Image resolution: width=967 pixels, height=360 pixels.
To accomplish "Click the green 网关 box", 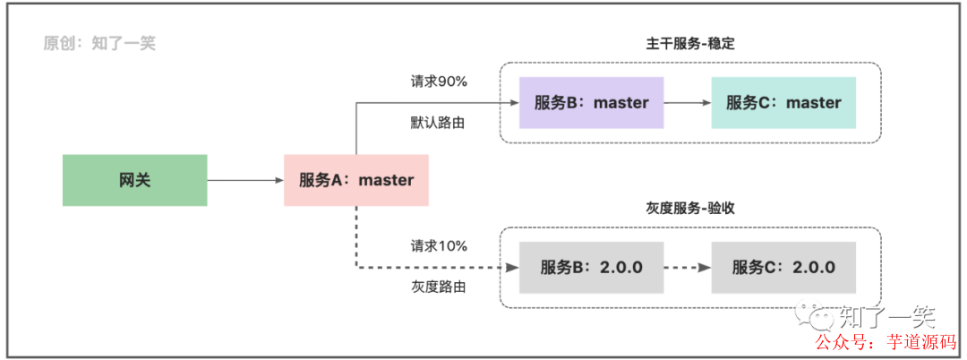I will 134,180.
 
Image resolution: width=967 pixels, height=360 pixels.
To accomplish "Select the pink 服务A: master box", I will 356,180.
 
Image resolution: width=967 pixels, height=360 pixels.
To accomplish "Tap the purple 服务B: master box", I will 591,102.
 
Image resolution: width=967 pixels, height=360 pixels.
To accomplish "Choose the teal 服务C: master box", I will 783,102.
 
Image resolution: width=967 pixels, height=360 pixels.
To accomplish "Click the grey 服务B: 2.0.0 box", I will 591,268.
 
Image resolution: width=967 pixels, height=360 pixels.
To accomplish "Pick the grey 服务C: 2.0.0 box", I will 783,268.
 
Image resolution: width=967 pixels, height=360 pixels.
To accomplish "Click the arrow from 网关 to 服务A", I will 245,180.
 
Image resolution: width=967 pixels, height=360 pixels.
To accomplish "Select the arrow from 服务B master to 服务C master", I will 687,102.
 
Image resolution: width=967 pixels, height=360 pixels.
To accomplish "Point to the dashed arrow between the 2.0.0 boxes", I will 687,268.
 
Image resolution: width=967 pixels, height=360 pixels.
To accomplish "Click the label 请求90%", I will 439,81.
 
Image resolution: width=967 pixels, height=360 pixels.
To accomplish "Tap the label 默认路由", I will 438,123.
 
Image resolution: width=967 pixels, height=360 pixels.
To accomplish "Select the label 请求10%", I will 439,246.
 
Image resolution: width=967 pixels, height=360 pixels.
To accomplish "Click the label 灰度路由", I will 438,287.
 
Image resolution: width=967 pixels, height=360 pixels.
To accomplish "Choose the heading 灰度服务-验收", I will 689,208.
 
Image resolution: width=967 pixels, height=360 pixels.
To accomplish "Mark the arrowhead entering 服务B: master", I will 514,102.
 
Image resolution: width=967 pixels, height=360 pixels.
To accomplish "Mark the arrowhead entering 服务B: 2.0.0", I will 514,268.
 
